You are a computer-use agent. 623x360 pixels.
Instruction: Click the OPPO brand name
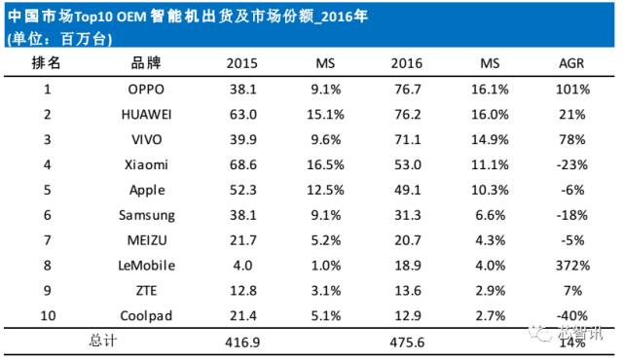click(147, 90)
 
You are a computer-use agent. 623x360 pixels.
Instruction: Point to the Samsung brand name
click(147, 215)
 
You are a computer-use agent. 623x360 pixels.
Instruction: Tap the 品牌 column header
click(147, 63)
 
